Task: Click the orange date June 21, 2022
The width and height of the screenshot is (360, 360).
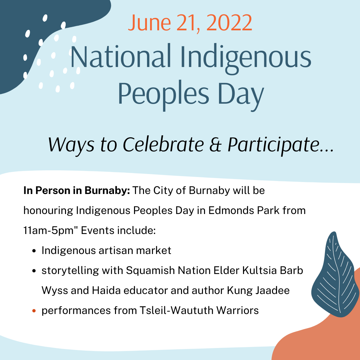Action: coord(190,23)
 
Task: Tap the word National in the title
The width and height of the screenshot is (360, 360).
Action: coord(121,56)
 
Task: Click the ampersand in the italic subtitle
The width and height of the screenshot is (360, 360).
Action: coord(215,145)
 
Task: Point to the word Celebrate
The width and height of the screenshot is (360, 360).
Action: coord(163,145)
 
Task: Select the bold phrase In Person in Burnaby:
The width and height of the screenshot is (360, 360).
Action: coord(77,191)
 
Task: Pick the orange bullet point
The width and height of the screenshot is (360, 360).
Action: coord(34,311)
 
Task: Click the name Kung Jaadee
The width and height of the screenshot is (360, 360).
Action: coord(258,291)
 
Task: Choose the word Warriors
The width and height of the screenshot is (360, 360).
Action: coord(238,310)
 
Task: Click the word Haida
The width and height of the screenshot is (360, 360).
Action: coord(106,290)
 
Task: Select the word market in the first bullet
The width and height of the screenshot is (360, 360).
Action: coord(154,250)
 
